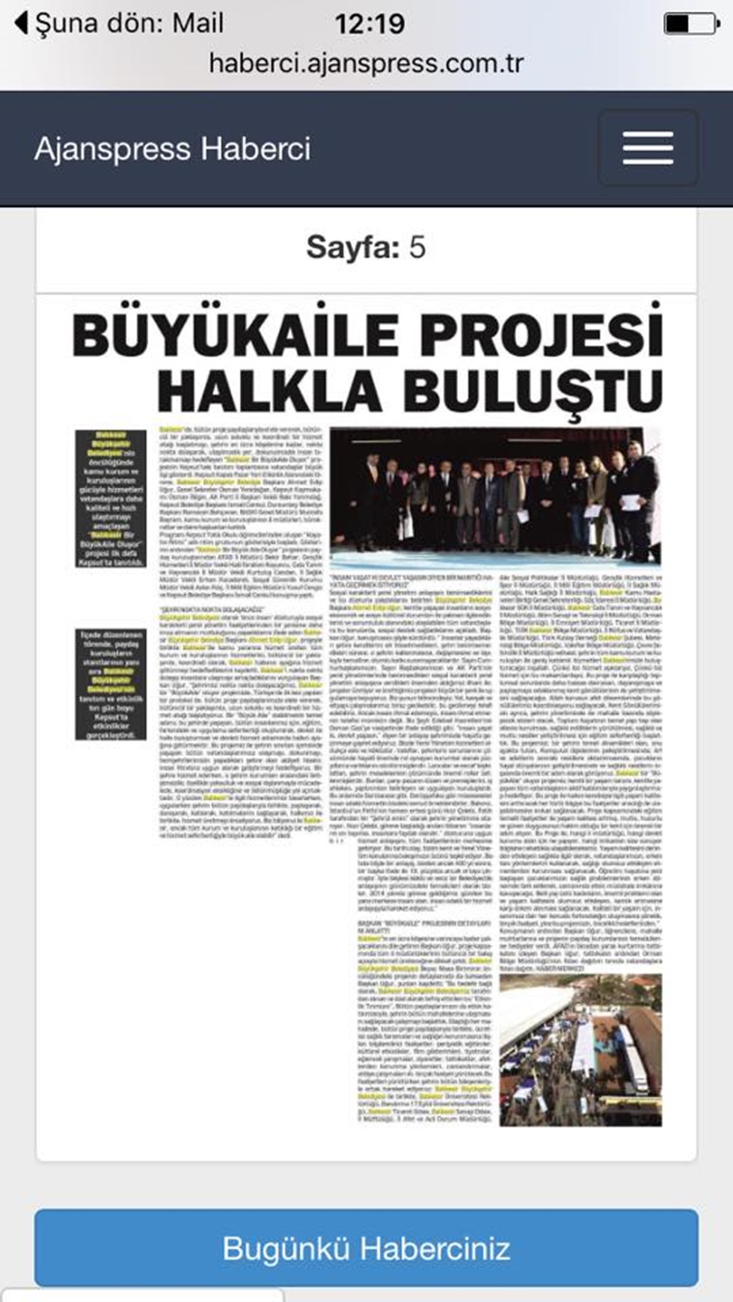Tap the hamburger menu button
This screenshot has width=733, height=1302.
click(648, 148)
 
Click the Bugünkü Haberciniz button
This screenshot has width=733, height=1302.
click(366, 1247)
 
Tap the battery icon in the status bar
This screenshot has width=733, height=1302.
click(690, 23)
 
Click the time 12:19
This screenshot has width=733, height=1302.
click(369, 24)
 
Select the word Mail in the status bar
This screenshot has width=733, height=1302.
click(198, 23)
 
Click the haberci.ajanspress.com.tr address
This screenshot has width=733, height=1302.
click(366, 63)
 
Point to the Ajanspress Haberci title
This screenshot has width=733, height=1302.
click(172, 149)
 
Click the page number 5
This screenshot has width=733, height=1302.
click(417, 247)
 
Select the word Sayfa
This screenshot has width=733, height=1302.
click(353, 247)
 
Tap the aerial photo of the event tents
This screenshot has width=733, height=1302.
click(580, 1049)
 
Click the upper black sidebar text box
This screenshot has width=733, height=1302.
click(111, 498)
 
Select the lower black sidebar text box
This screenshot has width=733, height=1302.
click(111, 685)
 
